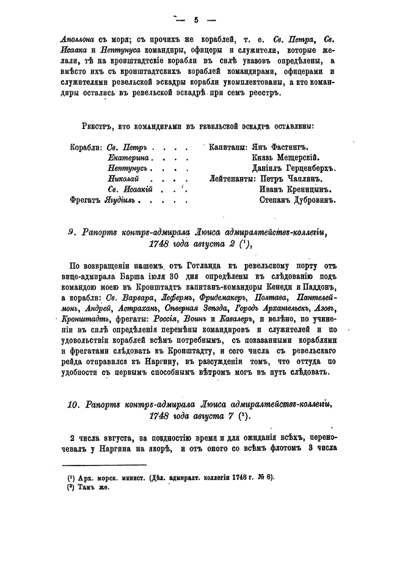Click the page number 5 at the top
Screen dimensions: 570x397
[197, 20]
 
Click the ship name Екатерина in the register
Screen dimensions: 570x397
[128, 158]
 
